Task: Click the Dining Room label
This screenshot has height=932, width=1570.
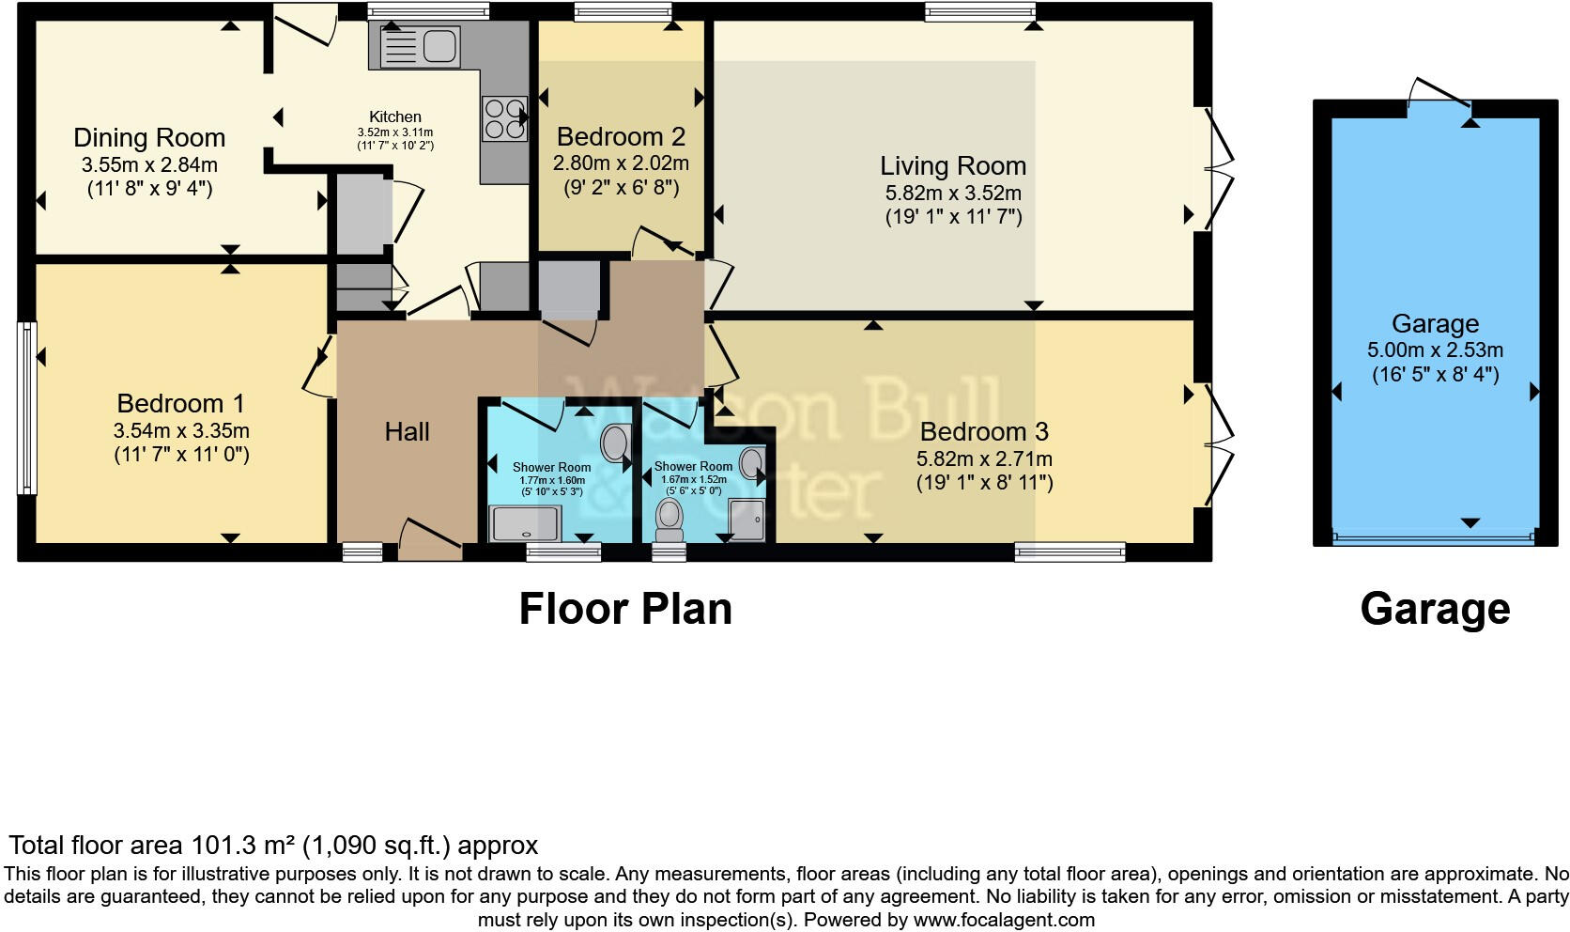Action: [149, 138]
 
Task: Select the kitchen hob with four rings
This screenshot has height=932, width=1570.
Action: [504, 118]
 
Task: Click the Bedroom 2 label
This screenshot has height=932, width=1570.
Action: [621, 137]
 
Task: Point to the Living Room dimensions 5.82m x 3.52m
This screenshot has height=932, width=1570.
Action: [953, 194]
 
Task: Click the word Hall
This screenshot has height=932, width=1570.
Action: [407, 432]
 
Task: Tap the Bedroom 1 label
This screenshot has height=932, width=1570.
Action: [180, 404]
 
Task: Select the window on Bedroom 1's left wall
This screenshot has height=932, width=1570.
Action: [26, 408]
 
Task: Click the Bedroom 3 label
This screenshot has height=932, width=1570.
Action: [984, 432]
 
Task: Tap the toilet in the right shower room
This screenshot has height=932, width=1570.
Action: [670, 518]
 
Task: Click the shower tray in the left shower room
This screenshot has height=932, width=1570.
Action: [526, 523]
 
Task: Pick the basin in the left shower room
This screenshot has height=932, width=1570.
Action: [615, 443]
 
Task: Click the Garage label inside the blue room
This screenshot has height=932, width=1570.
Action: [1435, 324]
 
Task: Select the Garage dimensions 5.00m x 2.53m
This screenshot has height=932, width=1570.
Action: [1435, 350]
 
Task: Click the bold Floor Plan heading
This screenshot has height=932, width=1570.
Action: [625, 609]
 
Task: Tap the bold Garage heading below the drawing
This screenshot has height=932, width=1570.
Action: [1435, 609]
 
